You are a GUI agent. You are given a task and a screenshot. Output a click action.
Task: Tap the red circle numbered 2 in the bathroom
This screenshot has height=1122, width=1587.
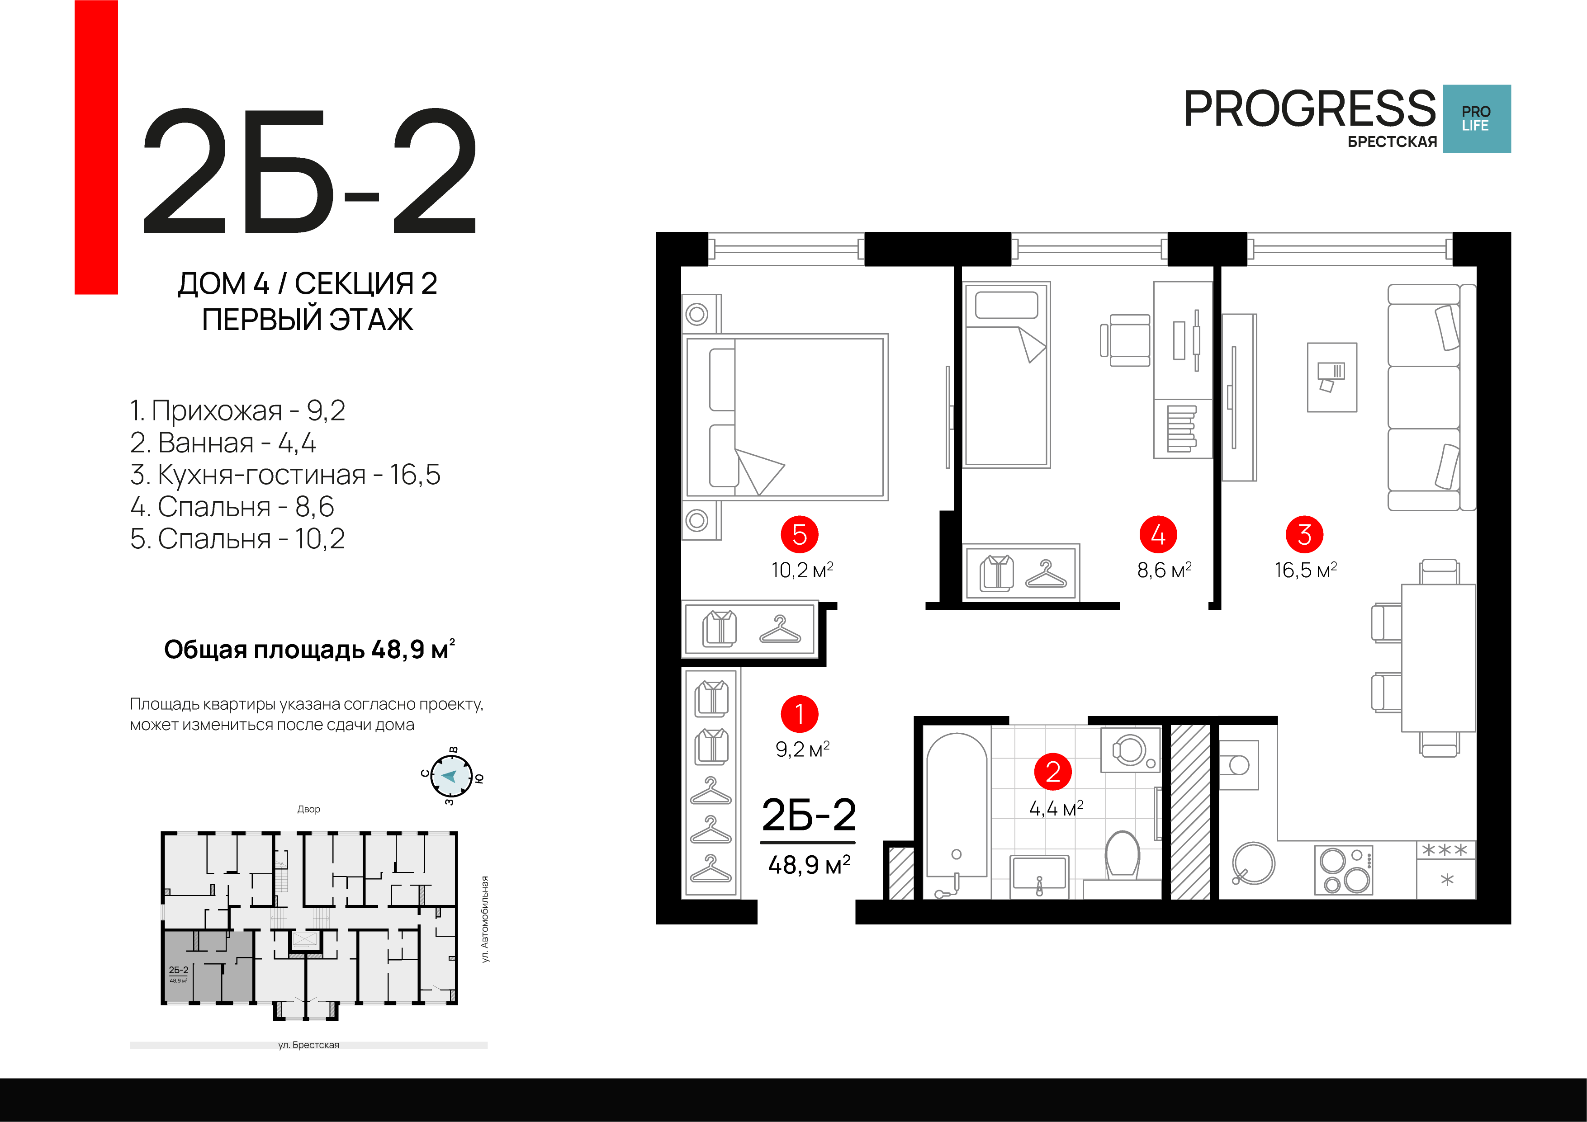coord(1053,772)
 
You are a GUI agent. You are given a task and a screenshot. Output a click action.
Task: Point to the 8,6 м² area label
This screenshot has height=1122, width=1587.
coord(1165,570)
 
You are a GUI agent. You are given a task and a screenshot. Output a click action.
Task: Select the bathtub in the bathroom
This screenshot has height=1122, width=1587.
coord(957,815)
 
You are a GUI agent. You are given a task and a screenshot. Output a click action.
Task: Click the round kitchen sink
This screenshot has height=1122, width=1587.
coord(1253,863)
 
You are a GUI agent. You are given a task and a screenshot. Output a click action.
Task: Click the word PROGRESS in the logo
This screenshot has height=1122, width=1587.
coord(1310,108)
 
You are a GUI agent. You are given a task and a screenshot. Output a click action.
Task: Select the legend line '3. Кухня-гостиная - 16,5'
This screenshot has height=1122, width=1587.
coord(285,475)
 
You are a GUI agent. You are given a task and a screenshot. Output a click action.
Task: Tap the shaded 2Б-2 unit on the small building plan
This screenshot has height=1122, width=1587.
coord(207,966)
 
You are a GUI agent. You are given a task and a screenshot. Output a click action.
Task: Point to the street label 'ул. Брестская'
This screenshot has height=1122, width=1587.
coord(309,1045)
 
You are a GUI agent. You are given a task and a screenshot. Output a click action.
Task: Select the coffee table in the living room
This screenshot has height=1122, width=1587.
coord(1332,377)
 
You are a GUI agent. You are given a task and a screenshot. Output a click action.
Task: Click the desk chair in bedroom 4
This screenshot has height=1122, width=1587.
coord(1127,340)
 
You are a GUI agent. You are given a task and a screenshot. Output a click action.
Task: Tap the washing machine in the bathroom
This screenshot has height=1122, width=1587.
coord(1131,750)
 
